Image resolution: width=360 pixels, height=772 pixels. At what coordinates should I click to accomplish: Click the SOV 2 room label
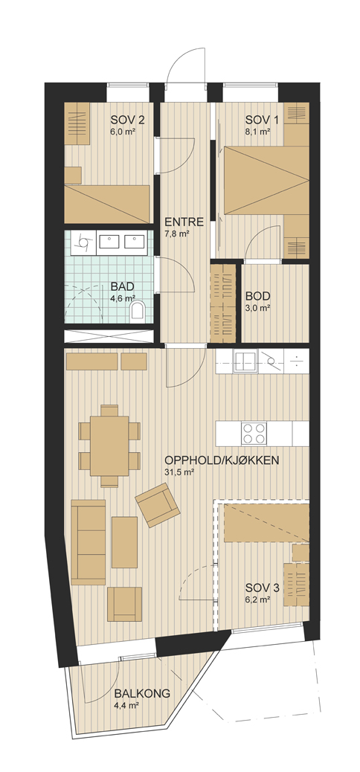pos(127,120)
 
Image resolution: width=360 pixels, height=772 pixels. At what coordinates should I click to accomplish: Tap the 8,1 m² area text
pos(258,132)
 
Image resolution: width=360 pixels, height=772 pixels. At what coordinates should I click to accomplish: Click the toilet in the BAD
pos(138,311)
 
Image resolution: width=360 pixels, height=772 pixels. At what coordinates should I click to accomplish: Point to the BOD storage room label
pos(258,297)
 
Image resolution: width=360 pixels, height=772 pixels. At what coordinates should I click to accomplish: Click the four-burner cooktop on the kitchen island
pos(254,434)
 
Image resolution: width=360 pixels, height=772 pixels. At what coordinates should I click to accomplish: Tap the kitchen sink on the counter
pos(245,362)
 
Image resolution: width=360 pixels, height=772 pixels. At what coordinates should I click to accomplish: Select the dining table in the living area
pos(109,446)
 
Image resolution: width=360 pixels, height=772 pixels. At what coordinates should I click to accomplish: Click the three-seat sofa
pos(89,542)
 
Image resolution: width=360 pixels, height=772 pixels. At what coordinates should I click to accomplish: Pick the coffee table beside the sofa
pos(124,542)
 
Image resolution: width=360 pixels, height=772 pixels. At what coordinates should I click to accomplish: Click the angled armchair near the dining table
pos(158,505)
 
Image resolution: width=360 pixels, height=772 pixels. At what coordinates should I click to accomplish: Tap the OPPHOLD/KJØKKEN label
pos(222,461)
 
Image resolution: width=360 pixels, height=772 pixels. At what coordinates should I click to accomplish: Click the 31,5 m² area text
pos(179,473)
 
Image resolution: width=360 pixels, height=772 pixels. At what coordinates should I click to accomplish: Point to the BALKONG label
pos(142,694)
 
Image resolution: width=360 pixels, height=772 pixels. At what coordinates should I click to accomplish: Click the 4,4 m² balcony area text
pos(126,706)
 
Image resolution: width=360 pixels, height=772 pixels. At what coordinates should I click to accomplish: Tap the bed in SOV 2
pos(107,204)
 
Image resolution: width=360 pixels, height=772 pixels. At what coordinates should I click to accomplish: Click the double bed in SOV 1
pos(266,180)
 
